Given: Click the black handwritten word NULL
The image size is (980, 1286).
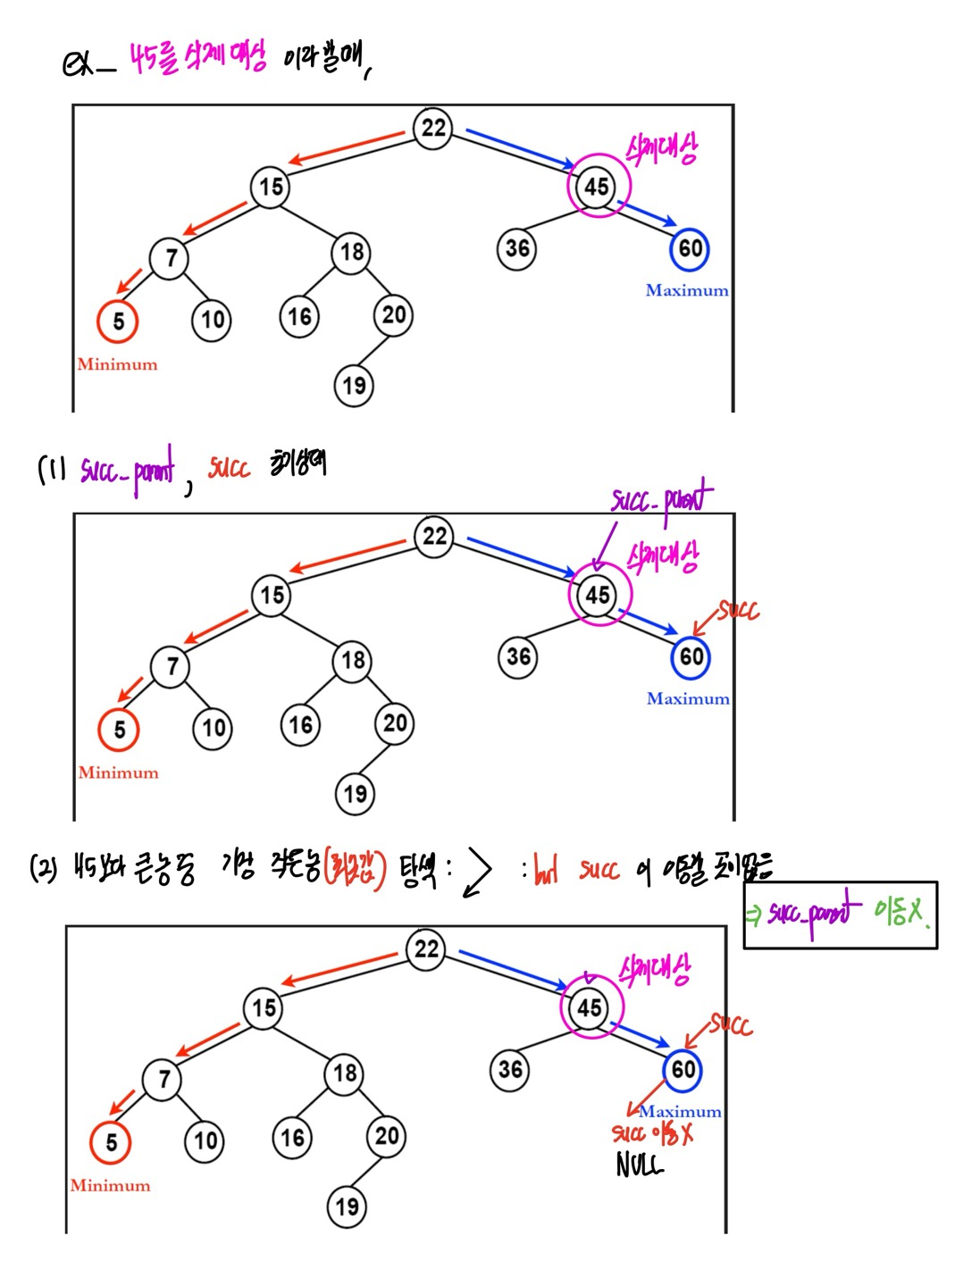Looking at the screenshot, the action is click(x=640, y=1165).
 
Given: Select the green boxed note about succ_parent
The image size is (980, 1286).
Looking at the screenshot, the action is click(x=840, y=914).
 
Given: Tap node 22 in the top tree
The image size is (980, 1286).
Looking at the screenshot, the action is click(x=433, y=128).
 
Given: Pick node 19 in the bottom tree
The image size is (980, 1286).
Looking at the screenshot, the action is click(x=348, y=1207).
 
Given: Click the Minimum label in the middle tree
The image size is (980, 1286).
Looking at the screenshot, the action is click(x=118, y=772).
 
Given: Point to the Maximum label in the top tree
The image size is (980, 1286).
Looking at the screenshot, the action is click(x=687, y=290).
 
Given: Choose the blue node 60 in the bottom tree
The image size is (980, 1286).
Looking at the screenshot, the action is click(x=683, y=1069).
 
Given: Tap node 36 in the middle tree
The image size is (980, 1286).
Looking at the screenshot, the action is click(x=518, y=657).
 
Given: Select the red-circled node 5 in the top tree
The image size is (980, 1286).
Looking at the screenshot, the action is click(x=119, y=321).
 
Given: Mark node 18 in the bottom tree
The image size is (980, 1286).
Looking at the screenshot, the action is click(x=346, y=1073).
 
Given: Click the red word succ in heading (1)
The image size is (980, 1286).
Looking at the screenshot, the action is click(x=230, y=467).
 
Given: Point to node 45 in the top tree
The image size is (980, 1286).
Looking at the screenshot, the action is click(x=598, y=187).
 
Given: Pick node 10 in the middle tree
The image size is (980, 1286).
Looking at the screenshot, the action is click(x=214, y=728).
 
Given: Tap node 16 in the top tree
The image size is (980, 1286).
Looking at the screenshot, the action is click(x=300, y=316).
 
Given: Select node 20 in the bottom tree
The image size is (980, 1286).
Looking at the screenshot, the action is click(x=387, y=1136).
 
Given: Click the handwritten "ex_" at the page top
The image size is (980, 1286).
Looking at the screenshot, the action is click(x=88, y=64).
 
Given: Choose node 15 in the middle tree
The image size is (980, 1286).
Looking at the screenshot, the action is click(x=272, y=595).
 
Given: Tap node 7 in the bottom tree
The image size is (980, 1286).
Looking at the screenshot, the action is click(x=163, y=1079).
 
